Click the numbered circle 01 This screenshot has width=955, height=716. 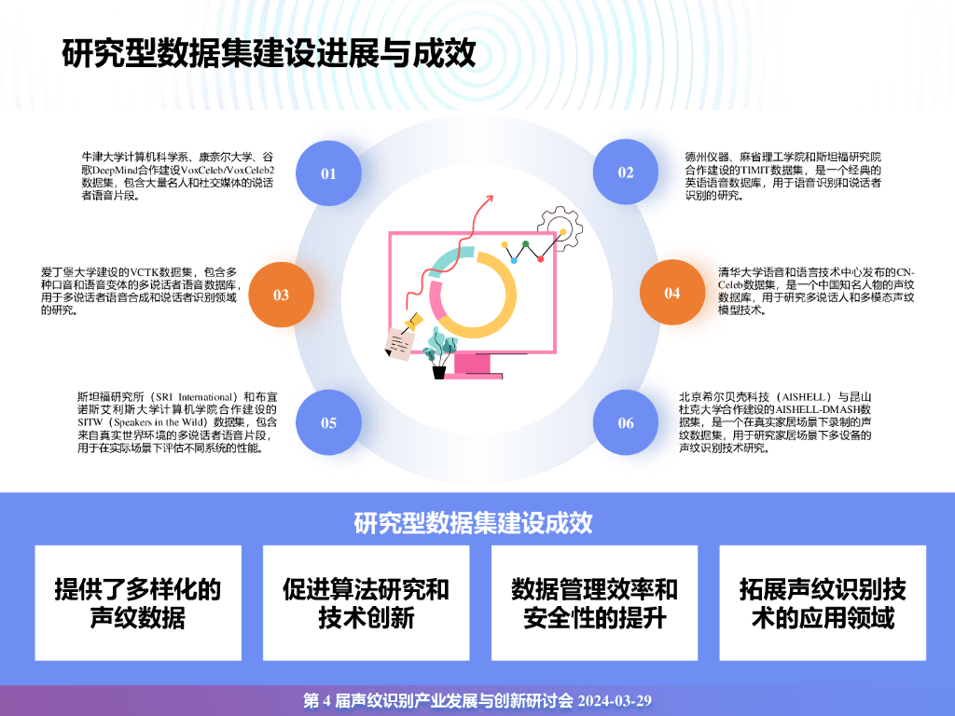tap(328, 172)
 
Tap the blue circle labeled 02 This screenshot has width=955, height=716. tap(626, 172)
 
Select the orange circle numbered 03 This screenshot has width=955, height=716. tap(281, 295)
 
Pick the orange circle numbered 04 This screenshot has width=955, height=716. tap(672, 293)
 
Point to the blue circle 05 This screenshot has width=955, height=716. tap(328, 422)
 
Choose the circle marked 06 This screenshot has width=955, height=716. tap(626, 422)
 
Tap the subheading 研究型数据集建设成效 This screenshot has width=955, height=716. tap(473, 522)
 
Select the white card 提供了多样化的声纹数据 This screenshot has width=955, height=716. tap(138, 603)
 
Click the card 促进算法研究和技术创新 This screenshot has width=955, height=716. tap(366, 603)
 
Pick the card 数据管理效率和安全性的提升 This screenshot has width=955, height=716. tap(594, 603)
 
